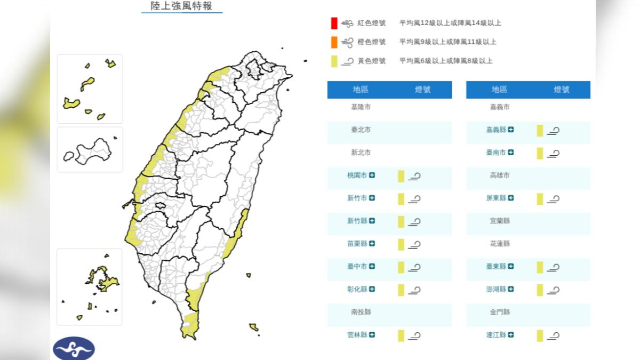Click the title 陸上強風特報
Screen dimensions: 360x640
click(181, 6)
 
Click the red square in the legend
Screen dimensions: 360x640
click(334, 23)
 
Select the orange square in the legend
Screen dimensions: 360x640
click(334, 42)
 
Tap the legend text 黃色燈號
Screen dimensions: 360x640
click(371, 61)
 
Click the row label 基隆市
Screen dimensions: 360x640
click(361, 107)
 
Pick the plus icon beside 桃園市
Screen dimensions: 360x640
click(372, 175)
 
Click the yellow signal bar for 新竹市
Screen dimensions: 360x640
click(401, 199)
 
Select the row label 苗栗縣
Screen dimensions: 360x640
click(357, 244)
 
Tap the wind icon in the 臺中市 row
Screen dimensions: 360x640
click(414, 267)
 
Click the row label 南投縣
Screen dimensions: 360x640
click(361, 312)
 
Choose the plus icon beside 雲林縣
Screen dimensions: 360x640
click(372, 335)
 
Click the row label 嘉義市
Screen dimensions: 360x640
click(500, 107)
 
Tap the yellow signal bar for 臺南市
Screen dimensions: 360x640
click(540, 154)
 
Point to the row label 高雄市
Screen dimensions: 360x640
click(500, 175)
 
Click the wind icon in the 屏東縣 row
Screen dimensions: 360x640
click(553, 199)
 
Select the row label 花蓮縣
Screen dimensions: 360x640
click(500, 244)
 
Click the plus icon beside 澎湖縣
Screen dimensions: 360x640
click(511, 290)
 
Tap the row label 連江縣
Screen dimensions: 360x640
click(496, 335)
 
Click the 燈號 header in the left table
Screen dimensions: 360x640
click(422, 90)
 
